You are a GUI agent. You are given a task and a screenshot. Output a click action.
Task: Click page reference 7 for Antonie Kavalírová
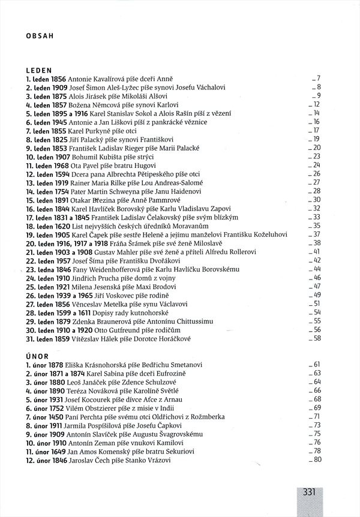tap(319, 79)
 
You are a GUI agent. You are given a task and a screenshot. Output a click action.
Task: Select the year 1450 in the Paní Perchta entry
tap(57, 416)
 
